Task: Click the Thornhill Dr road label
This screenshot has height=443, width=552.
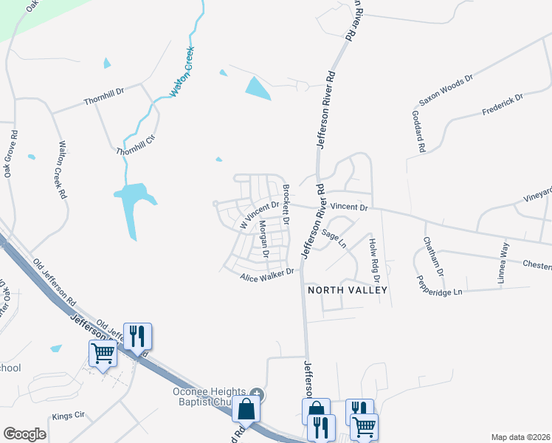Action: pyautogui.click(x=105, y=95)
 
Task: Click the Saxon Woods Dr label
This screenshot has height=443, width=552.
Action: pyautogui.click(x=446, y=89)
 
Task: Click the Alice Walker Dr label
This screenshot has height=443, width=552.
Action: pyautogui.click(x=267, y=275)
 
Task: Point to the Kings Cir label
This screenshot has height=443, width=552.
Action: pyautogui.click(x=70, y=416)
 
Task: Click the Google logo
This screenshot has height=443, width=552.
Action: pyautogui.click(x=24, y=434)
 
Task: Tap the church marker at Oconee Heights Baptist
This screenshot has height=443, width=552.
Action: pyautogui.click(x=257, y=392)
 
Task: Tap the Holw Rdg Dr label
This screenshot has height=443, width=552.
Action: pyautogui.click(x=374, y=260)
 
